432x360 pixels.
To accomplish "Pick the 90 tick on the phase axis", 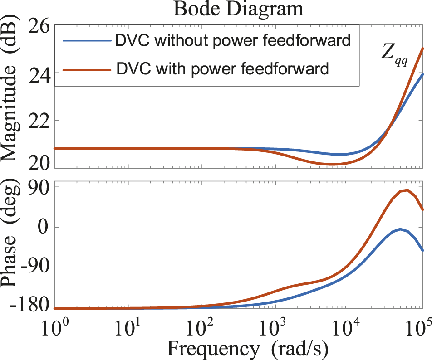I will (38, 187).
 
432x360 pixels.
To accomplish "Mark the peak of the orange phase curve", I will (407, 190).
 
